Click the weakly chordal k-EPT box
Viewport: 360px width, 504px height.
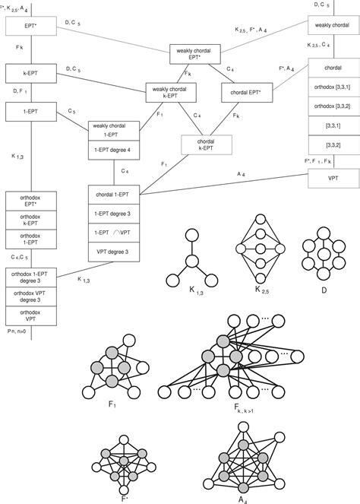point(171,94)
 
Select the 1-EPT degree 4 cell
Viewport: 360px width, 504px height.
point(114,149)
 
